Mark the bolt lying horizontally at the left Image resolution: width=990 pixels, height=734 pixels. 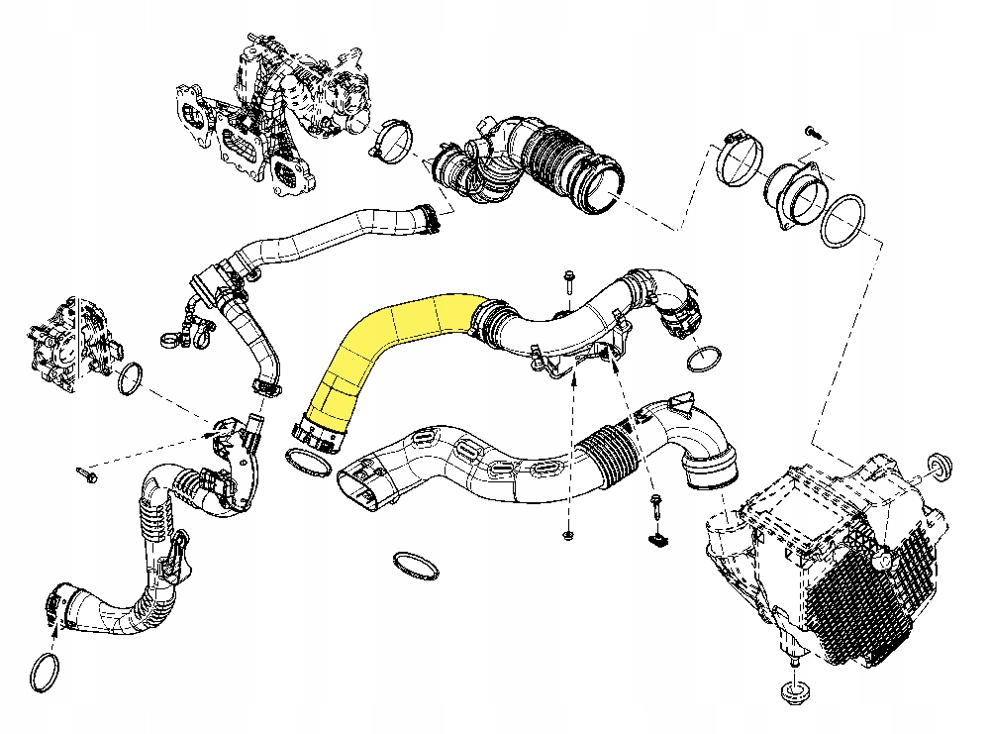click(87, 474)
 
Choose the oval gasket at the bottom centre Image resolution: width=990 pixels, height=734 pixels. click(416, 566)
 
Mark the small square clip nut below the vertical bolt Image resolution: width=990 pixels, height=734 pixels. click(656, 540)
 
